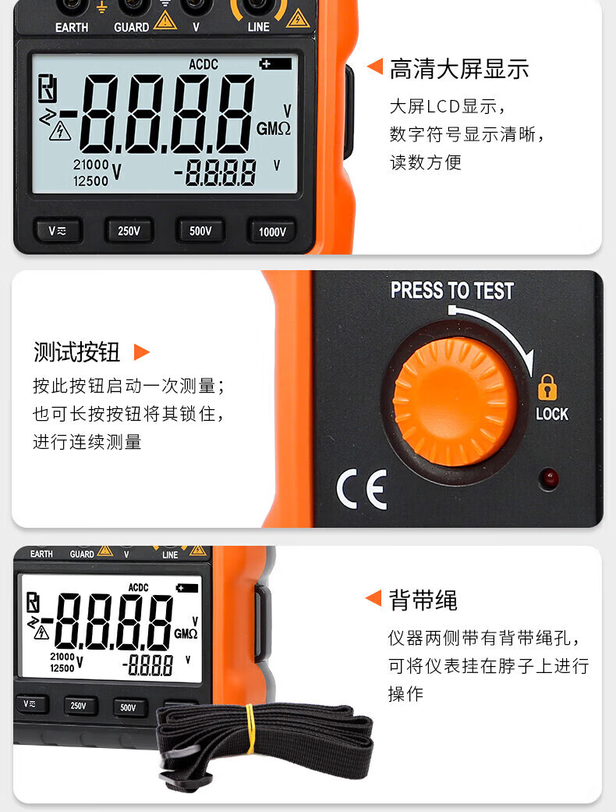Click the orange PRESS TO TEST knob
coord(455,401)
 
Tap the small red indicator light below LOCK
coord(548,478)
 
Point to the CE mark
coord(362,489)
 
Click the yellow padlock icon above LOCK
coord(547,386)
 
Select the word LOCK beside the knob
coord(552,414)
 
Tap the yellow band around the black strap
coord(250,728)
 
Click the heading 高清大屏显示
coord(459,69)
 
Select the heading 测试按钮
coord(76,352)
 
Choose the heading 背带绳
coord(423,600)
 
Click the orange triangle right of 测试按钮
coord(141,352)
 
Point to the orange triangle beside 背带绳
coord(373,598)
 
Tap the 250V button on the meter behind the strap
coord(79,705)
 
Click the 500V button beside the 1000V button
coord(200,231)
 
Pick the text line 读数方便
coord(425,162)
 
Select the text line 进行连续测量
coord(87,442)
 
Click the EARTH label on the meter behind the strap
coord(41,554)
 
